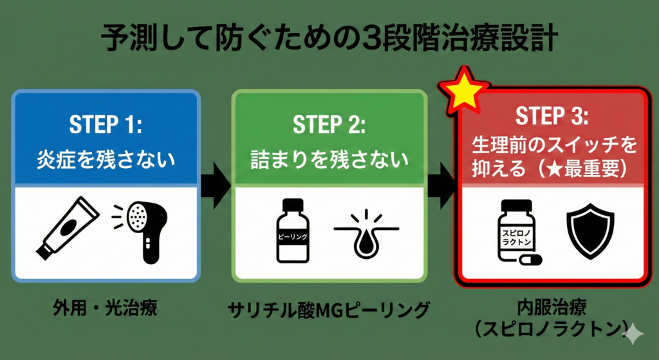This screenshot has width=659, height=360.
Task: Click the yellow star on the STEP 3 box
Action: [x=464, y=91]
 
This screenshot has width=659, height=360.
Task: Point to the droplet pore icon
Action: [x=365, y=236]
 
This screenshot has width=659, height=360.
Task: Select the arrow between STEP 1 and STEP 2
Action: [x=216, y=185]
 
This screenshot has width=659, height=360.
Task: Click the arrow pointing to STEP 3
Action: [x=441, y=185]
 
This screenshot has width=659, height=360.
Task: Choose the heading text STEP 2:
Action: [x=329, y=124]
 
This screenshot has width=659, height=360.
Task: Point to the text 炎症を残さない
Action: [x=106, y=158]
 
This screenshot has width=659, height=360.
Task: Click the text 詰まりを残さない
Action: [x=329, y=158]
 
